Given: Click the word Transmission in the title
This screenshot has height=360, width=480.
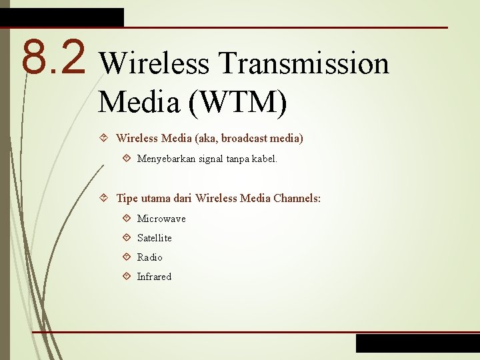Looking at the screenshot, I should (303, 64).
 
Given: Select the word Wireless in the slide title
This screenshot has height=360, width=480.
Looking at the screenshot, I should (155, 64).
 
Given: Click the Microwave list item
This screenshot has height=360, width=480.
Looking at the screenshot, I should (161, 219).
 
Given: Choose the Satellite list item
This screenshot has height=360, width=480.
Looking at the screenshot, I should (154, 238).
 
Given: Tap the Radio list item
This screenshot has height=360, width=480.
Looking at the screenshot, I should (149, 257).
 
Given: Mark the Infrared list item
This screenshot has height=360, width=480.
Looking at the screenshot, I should (154, 277).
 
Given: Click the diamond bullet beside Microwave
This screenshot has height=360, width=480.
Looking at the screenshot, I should (127, 219).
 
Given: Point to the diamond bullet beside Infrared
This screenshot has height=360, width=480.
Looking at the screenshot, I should (127, 277).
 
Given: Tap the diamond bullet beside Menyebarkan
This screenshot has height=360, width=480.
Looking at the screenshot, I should (127, 159).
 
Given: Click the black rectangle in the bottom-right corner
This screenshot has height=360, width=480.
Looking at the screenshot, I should (417, 343).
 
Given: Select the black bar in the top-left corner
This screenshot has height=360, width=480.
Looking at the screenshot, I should (61, 17).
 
